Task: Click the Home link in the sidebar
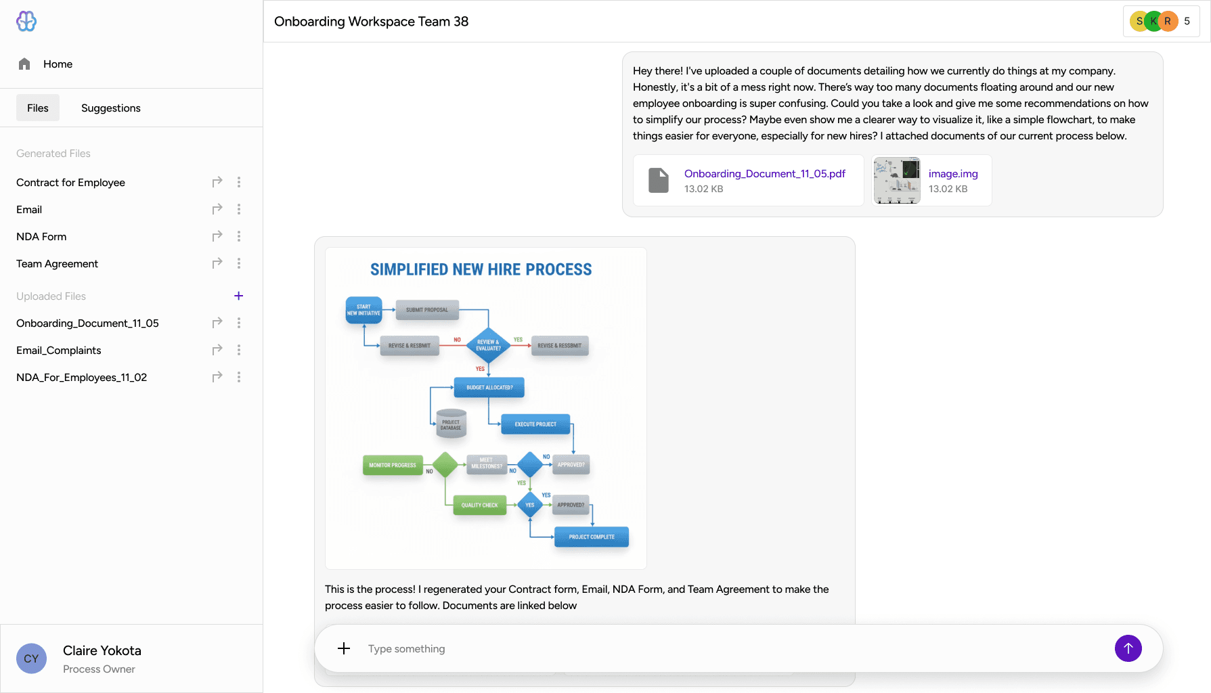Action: (x=57, y=64)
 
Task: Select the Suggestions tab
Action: (x=110, y=108)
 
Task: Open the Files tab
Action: (x=38, y=108)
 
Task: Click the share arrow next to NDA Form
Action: (x=217, y=236)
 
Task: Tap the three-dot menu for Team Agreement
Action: (x=239, y=263)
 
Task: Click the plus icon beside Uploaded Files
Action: (x=238, y=296)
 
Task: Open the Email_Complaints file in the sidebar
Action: (x=59, y=351)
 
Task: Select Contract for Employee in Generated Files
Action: (x=70, y=183)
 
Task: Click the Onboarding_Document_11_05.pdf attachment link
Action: (x=764, y=174)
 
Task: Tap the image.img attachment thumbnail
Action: (x=897, y=181)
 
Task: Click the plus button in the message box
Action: (x=344, y=648)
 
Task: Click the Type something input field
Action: (x=731, y=648)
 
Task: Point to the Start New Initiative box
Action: (x=364, y=310)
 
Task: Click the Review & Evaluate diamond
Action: (x=488, y=345)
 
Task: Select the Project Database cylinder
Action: (x=451, y=424)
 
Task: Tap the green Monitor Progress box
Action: (x=393, y=465)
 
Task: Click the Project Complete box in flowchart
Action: (x=592, y=537)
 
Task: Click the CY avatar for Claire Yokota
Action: (x=31, y=658)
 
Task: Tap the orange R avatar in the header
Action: (x=1168, y=21)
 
